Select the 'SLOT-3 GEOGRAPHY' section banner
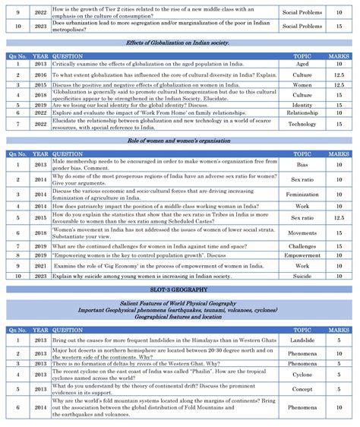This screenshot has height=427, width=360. [179, 289]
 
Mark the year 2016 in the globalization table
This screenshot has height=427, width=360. [40, 75]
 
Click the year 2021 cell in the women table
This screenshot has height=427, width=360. [40, 266]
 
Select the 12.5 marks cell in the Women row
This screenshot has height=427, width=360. [339, 85]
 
